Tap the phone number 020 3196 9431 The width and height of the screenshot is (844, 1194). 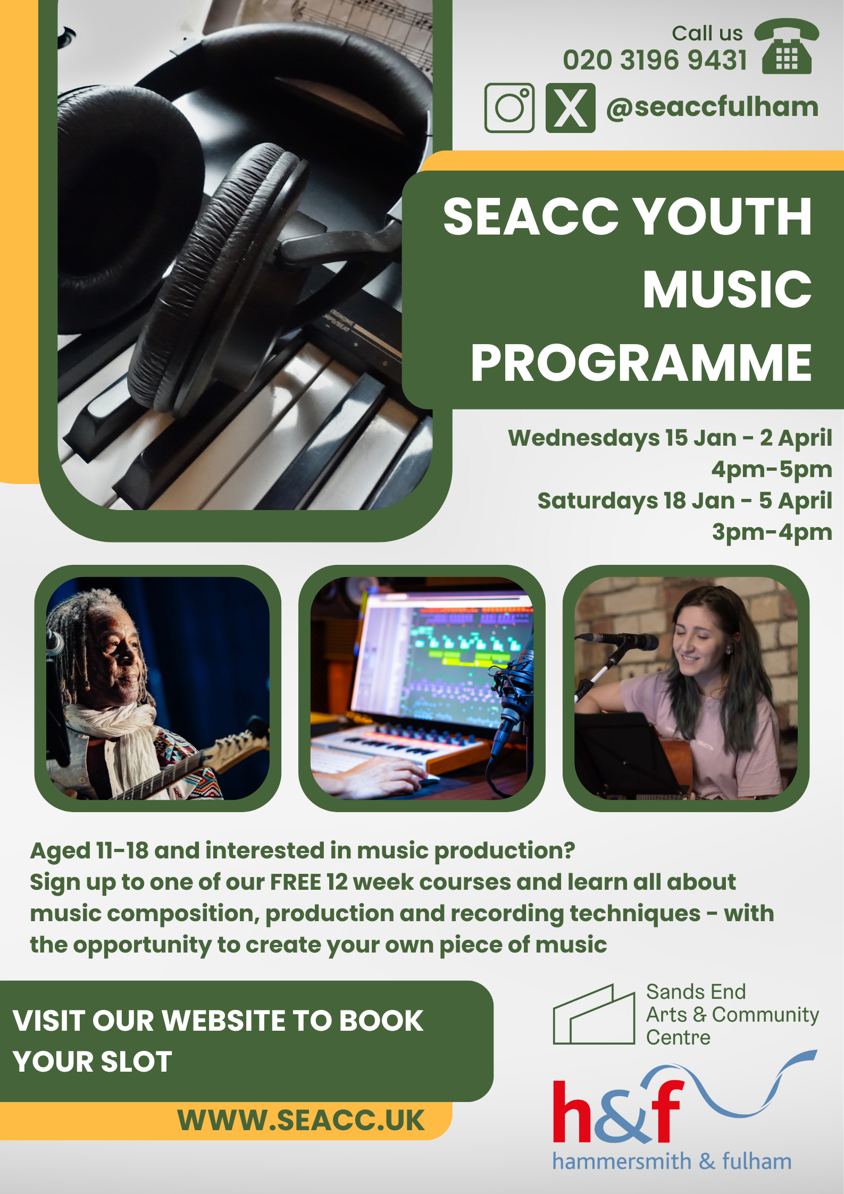[655, 60]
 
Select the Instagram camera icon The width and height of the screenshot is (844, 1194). [509, 108]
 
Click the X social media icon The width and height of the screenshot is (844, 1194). [570, 108]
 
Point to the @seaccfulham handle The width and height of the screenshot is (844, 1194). [712, 107]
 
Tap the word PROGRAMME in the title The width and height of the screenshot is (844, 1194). [641, 363]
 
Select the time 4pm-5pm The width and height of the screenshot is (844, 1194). [772, 469]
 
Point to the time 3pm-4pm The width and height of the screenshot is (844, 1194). [772, 532]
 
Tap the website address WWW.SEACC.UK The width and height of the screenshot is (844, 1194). [301, 1120]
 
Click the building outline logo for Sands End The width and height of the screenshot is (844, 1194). [594, 1014]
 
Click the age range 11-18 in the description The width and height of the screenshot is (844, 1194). [122, 851]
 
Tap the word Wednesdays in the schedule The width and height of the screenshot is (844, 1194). [584, 438]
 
